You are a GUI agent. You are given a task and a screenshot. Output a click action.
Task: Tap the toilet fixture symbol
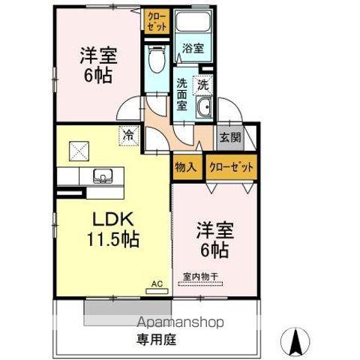(156, 59)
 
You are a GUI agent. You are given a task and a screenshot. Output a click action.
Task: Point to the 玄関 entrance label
(229, 137)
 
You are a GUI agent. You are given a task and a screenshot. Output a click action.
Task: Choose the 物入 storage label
(185, 166)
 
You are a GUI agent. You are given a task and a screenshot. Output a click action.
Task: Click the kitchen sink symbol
(101, 178)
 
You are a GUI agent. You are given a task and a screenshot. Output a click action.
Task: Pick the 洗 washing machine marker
(202, 85)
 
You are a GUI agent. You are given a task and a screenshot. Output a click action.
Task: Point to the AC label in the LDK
(157, 283)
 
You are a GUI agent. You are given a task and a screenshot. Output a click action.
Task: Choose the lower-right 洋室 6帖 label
(212, 238)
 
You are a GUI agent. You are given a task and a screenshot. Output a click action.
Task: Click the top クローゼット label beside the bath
(156, 19)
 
